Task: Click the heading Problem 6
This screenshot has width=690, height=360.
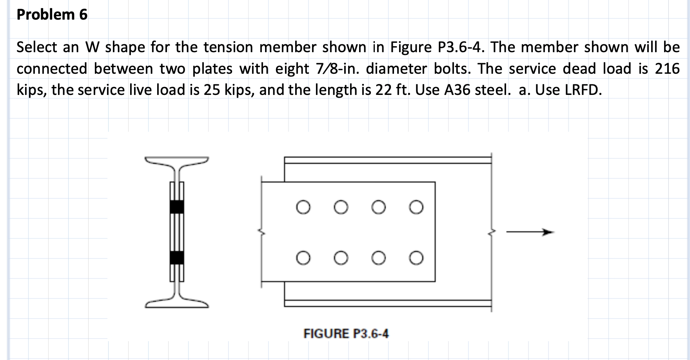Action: point(52,15)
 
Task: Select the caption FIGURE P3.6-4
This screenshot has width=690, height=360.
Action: point(346,334)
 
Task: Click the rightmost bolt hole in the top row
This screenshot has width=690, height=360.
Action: point(416,207)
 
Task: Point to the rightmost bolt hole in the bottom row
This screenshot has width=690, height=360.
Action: point(416,258)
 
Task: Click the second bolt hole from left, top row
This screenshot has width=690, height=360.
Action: point(341,207)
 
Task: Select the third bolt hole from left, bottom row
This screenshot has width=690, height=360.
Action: point(378,258)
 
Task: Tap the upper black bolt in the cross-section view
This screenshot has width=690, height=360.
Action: point(177,206)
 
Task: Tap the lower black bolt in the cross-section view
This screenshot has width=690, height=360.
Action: point(177,257)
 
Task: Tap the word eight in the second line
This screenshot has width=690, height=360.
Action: point(292,69)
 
